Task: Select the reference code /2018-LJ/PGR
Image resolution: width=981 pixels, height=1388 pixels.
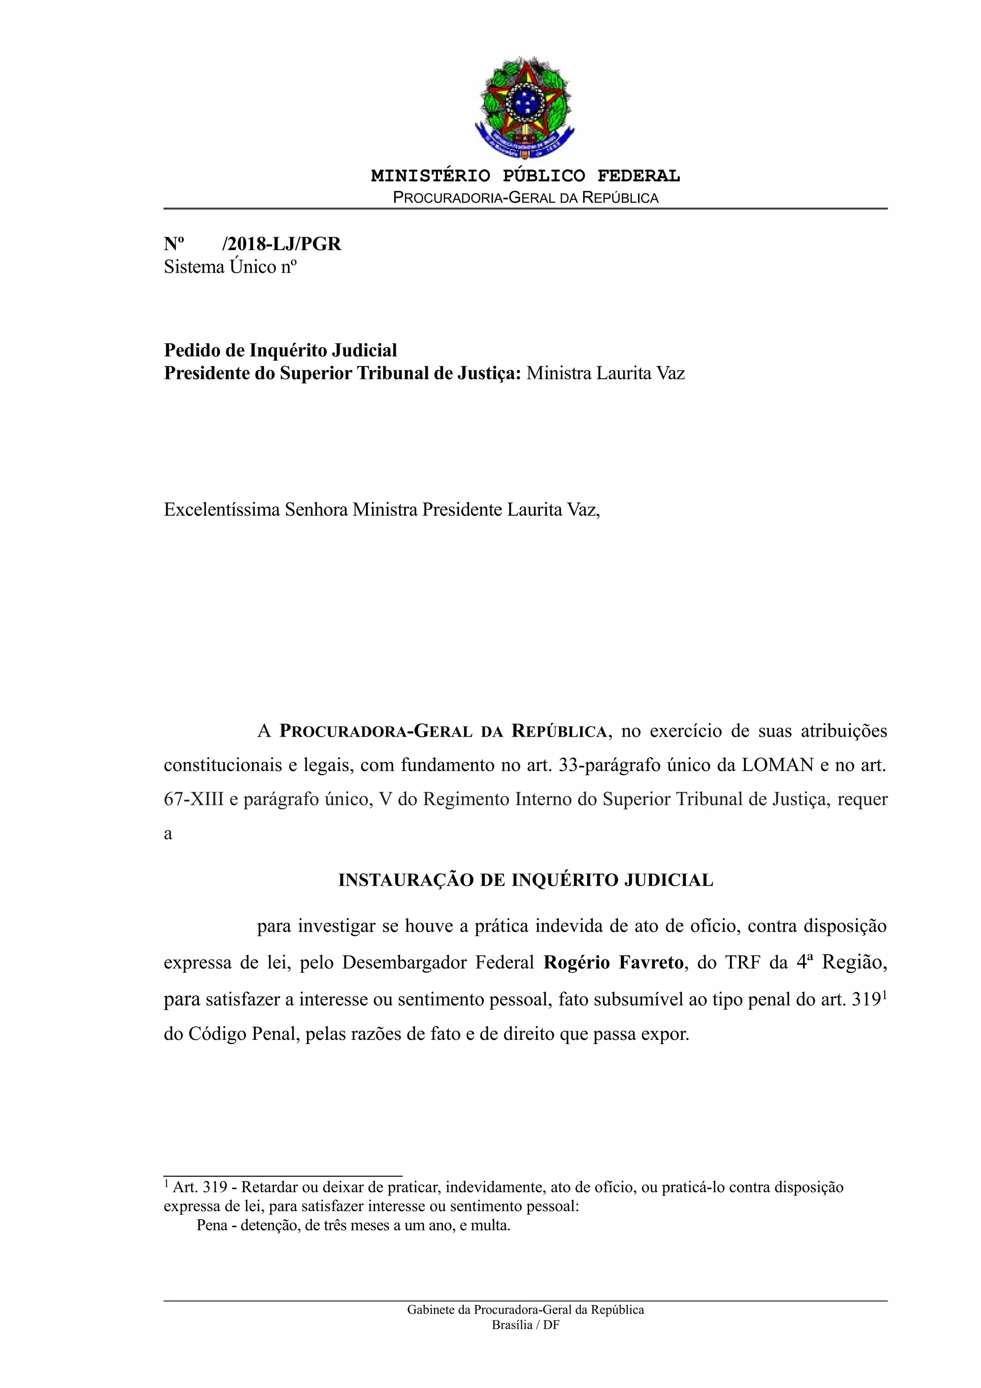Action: pos(282,244)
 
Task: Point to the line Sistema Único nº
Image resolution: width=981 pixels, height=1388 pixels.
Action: pos(230,267)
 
